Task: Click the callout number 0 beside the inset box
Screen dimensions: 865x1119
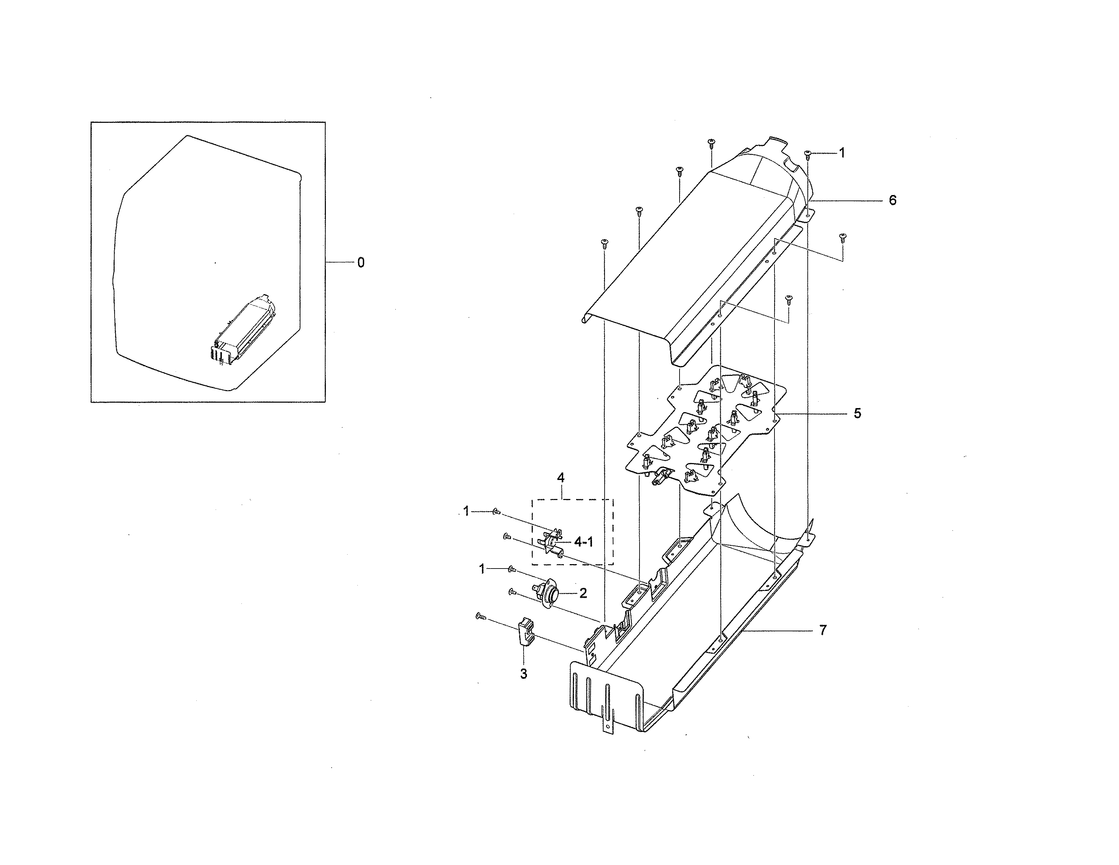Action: pos(361,263)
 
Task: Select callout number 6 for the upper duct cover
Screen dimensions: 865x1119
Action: pos(892,200)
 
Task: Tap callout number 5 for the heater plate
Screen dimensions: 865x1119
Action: pos(857,414)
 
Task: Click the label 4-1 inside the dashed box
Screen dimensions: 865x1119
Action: pos(583,542)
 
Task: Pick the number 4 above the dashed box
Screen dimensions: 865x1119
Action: pos(561,478)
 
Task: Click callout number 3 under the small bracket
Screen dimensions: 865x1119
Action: pos(523,674)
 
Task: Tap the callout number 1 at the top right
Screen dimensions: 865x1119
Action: pos(841,153)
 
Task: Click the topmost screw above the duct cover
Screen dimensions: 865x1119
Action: pos(711,142)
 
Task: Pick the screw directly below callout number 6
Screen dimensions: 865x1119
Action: pos(842,237)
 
